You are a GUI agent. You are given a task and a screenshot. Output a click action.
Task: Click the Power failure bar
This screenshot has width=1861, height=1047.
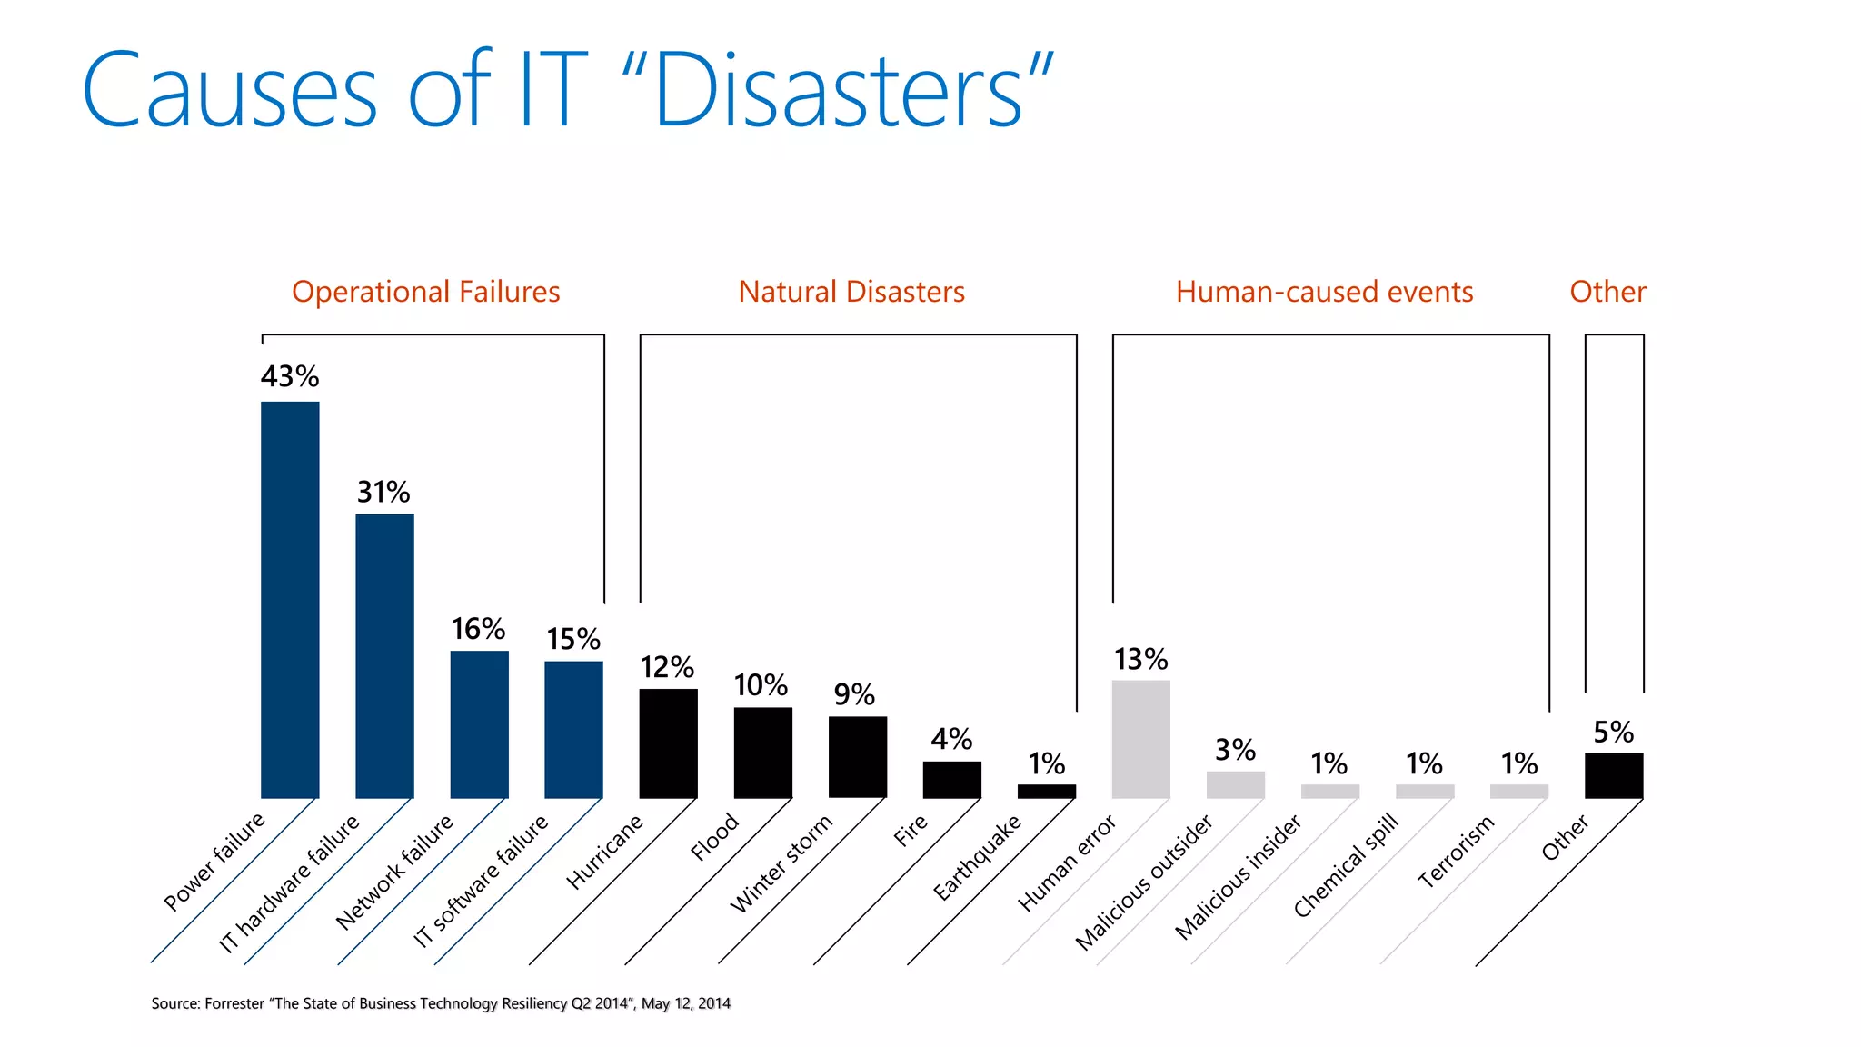[290, 600]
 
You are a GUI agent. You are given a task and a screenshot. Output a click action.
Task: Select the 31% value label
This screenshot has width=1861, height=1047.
[383, 493]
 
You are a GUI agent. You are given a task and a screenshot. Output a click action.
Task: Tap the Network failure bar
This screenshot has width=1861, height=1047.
[479, 724]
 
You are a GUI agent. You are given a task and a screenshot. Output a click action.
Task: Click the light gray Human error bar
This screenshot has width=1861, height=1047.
[1140, 739]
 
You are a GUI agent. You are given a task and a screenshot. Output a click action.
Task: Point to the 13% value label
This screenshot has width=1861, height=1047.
[1140, 659]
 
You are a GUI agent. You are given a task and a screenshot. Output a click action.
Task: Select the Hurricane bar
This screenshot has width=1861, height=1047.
[668, 743]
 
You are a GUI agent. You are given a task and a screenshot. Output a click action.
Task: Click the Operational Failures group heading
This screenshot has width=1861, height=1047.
[425, 292]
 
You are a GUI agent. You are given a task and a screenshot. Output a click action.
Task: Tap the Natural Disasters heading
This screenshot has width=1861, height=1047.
[851, 292]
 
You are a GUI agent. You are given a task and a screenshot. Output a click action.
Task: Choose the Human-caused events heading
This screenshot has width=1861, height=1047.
[1324, 292]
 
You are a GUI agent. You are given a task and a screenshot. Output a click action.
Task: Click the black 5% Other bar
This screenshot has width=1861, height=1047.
[1613, 775]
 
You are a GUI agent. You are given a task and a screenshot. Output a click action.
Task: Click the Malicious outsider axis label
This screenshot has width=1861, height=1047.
[1143, 882]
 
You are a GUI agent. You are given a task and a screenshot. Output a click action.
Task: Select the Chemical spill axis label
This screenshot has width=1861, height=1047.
[1345, 867]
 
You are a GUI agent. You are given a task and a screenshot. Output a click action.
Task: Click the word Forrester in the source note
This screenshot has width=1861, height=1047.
[234, 1003]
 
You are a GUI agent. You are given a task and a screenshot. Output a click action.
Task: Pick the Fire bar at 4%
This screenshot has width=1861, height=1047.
[951, 780]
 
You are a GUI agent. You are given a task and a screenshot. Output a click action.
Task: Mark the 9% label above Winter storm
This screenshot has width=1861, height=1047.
[854, 695]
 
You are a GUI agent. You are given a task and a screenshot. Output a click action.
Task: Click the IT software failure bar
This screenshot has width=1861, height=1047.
[573, 730]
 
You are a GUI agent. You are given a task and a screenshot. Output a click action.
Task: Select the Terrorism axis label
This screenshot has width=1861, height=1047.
[1456, 852]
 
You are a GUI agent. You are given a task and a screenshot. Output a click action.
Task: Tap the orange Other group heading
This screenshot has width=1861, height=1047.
[1607, 292]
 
